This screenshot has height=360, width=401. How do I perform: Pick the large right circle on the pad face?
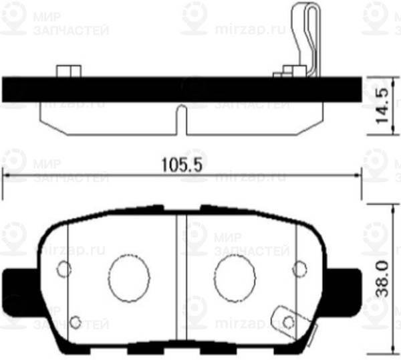point(236,278)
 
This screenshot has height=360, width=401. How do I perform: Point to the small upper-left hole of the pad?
point(63,270)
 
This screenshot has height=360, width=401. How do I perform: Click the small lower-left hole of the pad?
point(76,321)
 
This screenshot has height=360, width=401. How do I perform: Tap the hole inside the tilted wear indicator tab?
point(289,322)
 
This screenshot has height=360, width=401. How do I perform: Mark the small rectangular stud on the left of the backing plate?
point(66,71)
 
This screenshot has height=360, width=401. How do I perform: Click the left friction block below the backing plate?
point(107,118)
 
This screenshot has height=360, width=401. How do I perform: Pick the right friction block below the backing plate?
point(254,118)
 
